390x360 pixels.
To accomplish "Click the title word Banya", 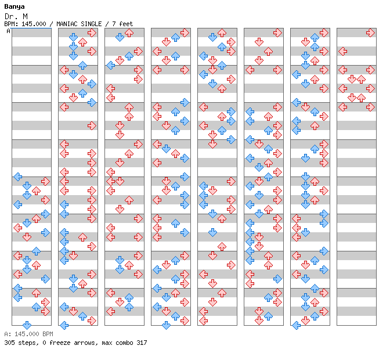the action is tap(15, 7).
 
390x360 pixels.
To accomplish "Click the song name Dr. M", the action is tap(16, 16).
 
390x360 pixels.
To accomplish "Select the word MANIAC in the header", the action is tap(67, 24).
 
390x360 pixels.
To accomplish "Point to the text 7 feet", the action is tap(122, 24).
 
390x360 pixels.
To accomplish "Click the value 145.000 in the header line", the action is tap(34, 24).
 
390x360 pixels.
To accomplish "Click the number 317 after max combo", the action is tap(142, 343).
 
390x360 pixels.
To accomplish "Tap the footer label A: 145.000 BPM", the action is tap(28, 334).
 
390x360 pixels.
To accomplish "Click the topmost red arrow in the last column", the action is tap(370, 33).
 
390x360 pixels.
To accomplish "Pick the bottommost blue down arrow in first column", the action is tap(27, 325).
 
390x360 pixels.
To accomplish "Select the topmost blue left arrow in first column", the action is tap(17, 177).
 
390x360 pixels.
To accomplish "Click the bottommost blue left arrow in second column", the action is tap(64, 325).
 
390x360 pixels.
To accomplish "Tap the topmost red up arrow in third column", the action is tap(129, 33).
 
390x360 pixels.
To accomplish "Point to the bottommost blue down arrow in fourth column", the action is tap(166, 325).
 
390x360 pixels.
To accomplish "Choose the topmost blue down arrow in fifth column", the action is tap(212, 37).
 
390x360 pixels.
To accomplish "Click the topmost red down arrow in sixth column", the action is tap(259, 42).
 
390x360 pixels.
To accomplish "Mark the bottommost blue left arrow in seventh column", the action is tap(296, 325).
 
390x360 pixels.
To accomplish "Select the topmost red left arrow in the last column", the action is tap(343, 51).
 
